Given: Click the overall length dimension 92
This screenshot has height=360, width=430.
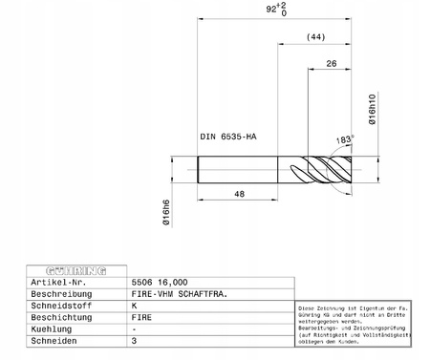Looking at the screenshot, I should click(278, 11).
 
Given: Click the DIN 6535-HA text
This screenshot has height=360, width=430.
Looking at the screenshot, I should click(227, 137).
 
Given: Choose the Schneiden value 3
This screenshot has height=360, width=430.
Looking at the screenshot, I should click(134, 341).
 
